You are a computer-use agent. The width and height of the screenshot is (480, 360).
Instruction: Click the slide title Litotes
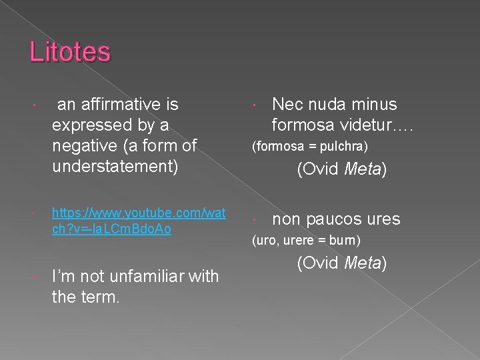70,51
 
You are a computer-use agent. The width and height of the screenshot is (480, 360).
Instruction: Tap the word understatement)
115,167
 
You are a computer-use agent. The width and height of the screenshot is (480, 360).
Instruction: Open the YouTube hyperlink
139,221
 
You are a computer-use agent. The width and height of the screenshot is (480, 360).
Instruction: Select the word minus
375,105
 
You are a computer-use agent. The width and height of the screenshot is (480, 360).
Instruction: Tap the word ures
381,219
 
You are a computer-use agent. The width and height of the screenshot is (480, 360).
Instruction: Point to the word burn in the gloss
345,240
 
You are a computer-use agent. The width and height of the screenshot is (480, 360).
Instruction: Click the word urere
297,240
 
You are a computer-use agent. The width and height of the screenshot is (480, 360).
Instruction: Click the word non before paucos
286,219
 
